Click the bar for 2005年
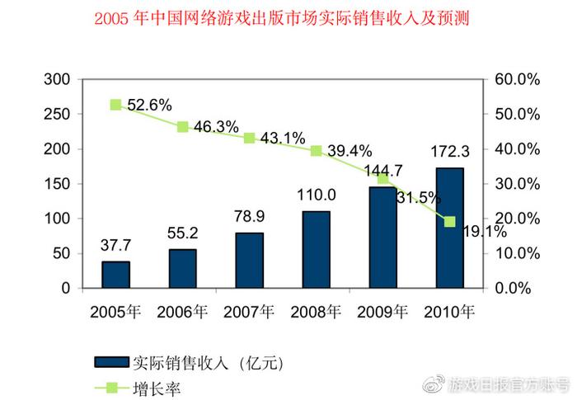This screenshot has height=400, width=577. pos(115,275)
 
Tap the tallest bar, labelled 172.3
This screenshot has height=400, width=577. pos(449,228)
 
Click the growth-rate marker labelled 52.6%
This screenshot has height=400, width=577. pos(115,105)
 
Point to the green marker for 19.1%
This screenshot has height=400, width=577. pos(450,221)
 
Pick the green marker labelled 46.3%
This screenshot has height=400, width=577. pos(182,126)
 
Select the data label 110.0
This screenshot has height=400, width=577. pos(316,195)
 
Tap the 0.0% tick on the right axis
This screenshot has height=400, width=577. pos(518,289)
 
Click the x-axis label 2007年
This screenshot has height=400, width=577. pos(249,313)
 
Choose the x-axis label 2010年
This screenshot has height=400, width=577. pos(449,313)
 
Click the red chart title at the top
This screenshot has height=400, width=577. pos(288,17)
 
